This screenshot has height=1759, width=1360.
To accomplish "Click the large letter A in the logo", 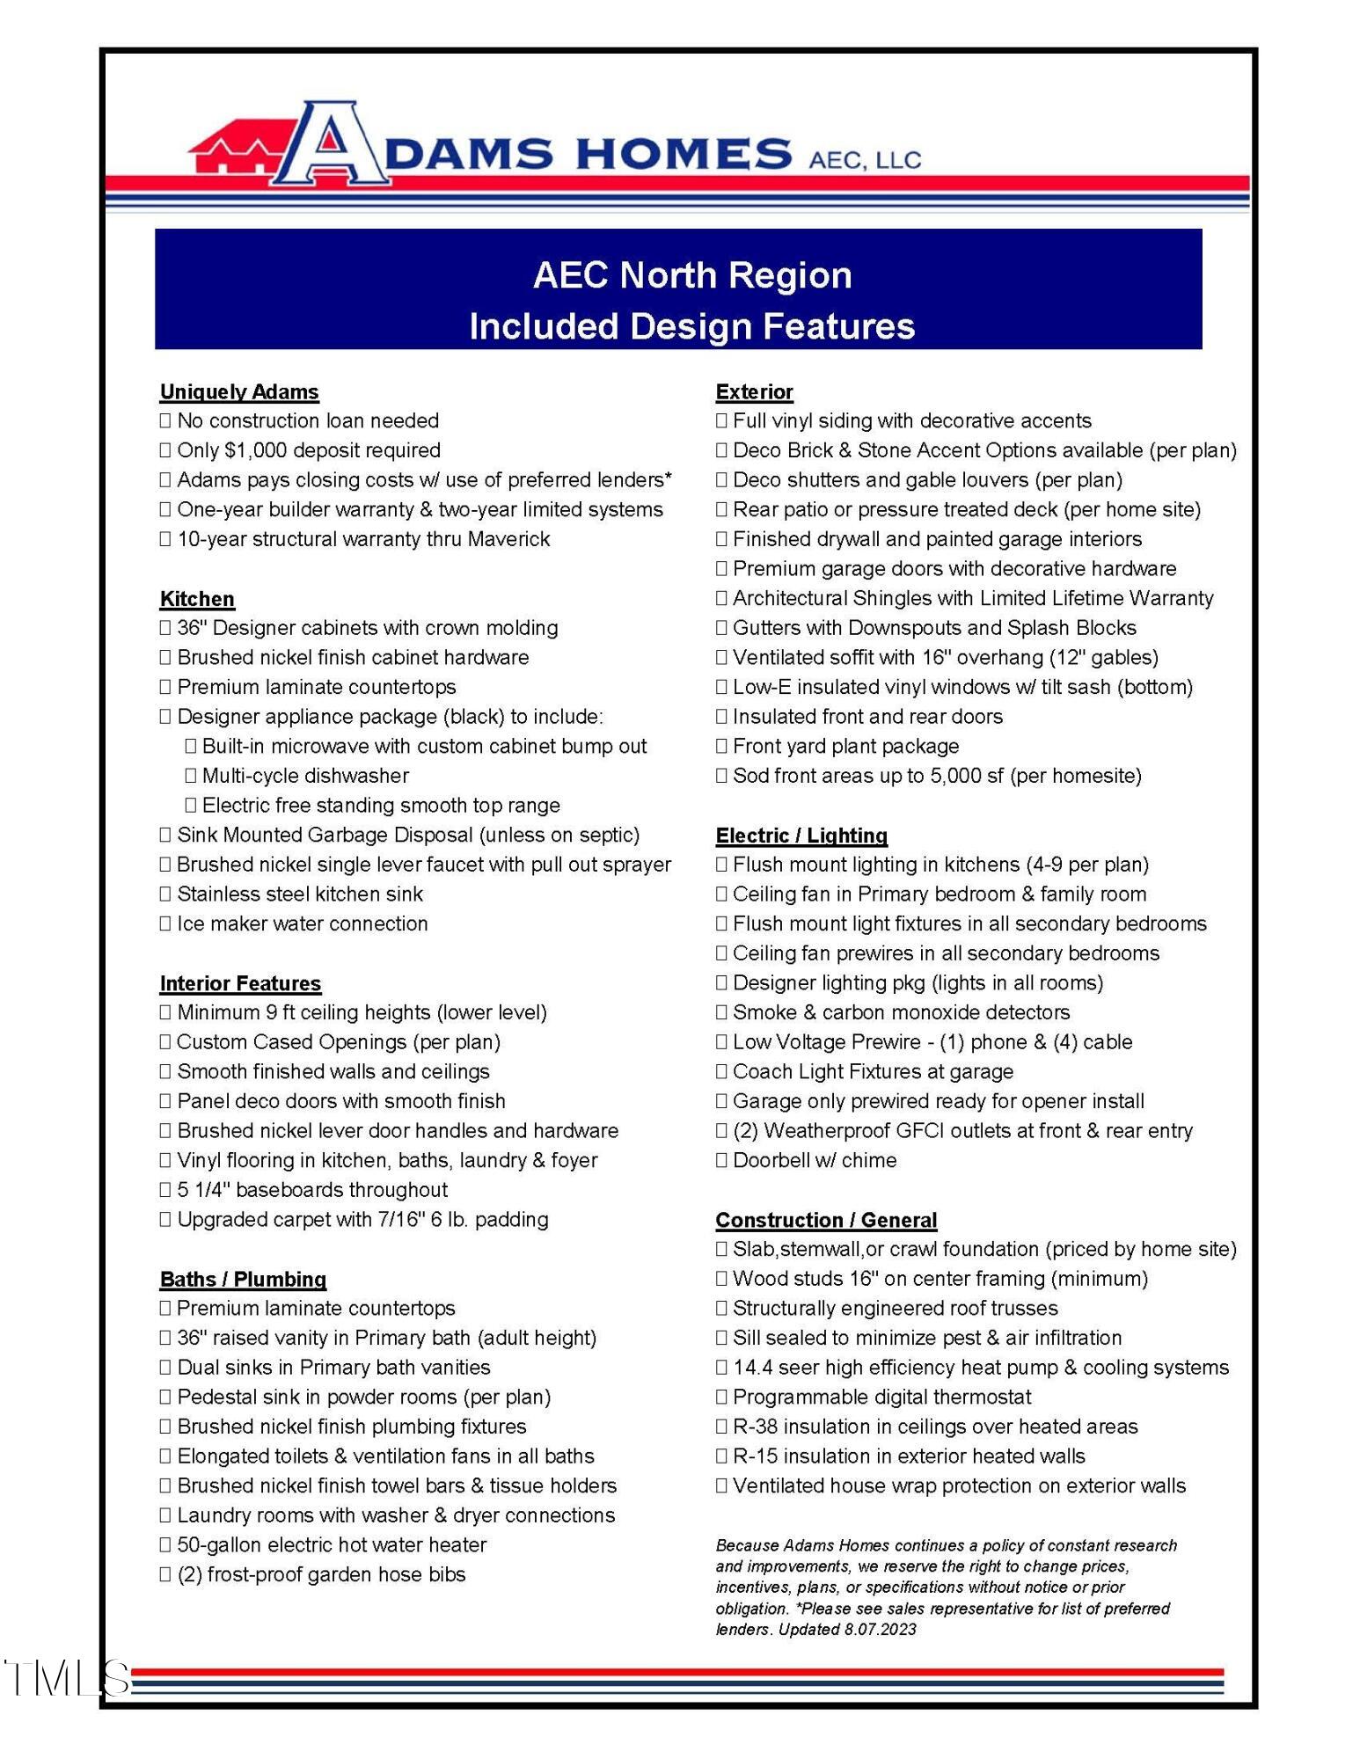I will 332,145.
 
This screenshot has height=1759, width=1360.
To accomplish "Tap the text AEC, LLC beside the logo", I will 865,160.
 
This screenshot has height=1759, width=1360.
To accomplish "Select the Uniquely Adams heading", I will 239,392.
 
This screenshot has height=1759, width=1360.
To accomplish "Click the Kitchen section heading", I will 197,599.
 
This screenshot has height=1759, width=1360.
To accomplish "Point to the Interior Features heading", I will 240,983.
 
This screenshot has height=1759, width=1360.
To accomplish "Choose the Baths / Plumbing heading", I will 243,1280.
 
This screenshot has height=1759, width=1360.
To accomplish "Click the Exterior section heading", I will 754,392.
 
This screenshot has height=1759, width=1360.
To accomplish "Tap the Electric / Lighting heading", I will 801,836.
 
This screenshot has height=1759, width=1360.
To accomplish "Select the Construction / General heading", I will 826,1220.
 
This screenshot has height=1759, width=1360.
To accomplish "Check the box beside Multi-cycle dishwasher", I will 191,776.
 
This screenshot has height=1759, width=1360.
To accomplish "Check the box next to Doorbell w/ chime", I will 721,1161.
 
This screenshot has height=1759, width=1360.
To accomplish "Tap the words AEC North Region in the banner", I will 692,276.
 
